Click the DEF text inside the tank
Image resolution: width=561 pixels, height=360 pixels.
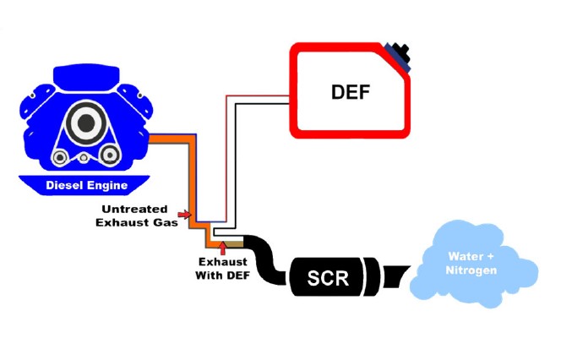(x=350, y=90)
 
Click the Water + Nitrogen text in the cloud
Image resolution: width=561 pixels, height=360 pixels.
(x=471, y=263)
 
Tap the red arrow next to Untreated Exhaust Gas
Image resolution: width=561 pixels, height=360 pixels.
(x=184, y=215)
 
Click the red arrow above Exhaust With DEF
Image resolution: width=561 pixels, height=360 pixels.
(x=221, y=246)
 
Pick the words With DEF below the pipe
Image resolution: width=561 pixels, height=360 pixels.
(x=221, y=275)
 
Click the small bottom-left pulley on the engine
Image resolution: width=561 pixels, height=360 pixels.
(x=57, y=157)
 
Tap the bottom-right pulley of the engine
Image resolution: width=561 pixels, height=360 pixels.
(x=109, y=157)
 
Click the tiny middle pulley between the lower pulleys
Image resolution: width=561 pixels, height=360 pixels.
(x=84, y=158)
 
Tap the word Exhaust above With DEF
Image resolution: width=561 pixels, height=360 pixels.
(x=221, y=262)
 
